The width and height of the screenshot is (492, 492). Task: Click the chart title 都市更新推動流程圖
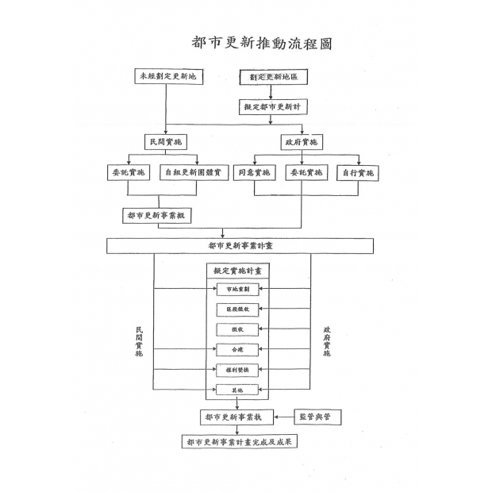261,43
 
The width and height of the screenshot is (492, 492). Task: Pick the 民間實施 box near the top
166,142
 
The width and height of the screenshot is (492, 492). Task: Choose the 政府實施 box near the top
300,142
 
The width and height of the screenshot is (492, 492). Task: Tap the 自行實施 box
358,172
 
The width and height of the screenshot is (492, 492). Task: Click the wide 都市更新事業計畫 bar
241,246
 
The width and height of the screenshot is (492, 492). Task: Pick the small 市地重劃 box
238,289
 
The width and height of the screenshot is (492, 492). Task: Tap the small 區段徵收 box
238,309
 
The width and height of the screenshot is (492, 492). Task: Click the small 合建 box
238,349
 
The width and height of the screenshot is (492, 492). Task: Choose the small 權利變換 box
238,369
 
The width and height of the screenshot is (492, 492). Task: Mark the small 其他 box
238,390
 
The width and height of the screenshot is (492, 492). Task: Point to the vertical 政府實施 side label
326,342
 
